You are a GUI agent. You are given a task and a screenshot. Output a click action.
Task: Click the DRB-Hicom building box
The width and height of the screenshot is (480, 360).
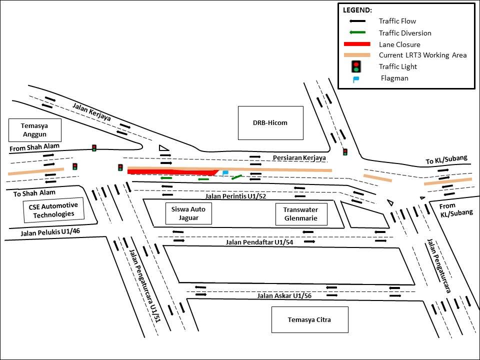tap(270, 122)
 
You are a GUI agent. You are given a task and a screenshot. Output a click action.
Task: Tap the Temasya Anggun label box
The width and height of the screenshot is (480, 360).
tap(34, 130)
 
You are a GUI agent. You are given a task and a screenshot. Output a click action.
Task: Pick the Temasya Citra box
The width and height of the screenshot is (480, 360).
tap(309, 319)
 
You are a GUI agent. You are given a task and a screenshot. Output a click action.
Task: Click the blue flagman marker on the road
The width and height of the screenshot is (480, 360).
tap(225, 173)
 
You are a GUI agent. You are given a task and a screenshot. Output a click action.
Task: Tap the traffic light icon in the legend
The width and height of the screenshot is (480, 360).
tap(356, 66)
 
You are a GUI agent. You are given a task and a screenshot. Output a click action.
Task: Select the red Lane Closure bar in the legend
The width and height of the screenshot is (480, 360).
tap(356, 44)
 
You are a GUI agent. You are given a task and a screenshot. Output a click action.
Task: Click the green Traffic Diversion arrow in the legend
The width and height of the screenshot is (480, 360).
tap(356, 33)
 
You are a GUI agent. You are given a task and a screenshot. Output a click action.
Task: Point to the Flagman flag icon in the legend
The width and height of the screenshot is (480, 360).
tap(355, 78)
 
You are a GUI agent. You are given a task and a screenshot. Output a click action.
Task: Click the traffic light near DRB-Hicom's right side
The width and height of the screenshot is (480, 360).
tap(345, 151)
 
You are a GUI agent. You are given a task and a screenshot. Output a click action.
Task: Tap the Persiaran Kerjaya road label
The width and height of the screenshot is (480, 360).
tap(299, 158)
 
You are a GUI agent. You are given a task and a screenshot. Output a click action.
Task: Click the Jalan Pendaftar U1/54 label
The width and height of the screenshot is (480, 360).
tap(252, 242)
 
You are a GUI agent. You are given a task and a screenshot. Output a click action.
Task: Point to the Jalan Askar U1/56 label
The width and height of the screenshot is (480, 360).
tap(284, 295)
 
